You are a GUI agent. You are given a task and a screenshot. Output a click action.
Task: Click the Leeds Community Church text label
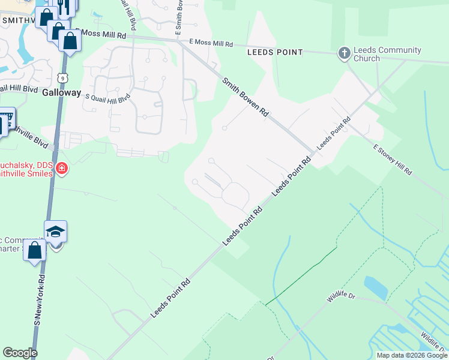388,55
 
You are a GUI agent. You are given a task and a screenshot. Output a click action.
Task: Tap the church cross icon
345,54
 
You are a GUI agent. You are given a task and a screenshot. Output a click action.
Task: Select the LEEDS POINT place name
275,52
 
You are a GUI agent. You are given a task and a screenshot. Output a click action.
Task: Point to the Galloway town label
61,92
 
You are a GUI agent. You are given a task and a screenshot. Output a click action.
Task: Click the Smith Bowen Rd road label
245,97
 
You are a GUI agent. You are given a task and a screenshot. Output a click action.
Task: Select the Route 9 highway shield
62,77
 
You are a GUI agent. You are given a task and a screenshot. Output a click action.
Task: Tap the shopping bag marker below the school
35,250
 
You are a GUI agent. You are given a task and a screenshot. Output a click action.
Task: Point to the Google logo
20,353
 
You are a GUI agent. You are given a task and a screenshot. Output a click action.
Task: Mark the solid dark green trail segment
300,276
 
